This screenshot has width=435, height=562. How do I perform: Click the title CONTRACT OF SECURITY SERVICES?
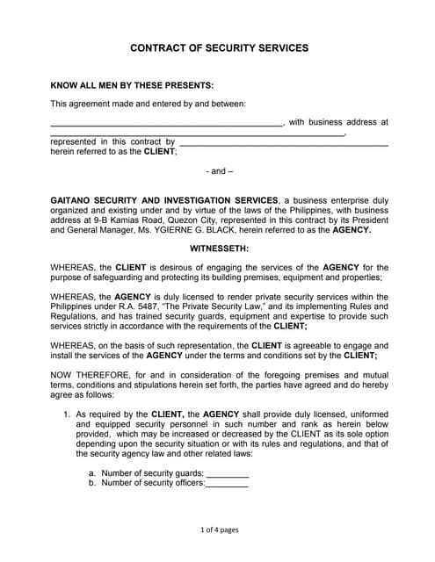219,49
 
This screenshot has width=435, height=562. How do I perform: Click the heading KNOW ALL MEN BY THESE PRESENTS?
132,85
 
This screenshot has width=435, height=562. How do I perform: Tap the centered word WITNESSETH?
219,249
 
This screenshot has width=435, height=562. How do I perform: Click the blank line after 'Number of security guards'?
227,473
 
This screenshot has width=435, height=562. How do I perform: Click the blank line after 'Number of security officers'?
226,483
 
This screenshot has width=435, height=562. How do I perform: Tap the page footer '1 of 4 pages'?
219,530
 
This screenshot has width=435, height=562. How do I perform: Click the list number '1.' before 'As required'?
67,413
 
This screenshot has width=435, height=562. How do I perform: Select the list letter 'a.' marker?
92,473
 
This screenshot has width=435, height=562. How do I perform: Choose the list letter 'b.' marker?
92,483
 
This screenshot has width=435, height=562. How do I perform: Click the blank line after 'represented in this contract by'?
283,141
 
